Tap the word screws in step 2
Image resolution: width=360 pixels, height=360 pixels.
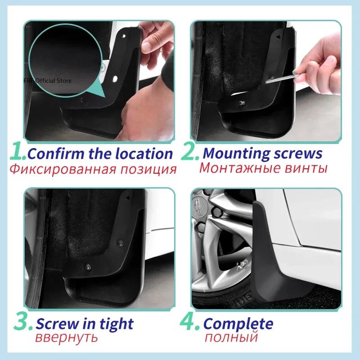pos(298,153)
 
